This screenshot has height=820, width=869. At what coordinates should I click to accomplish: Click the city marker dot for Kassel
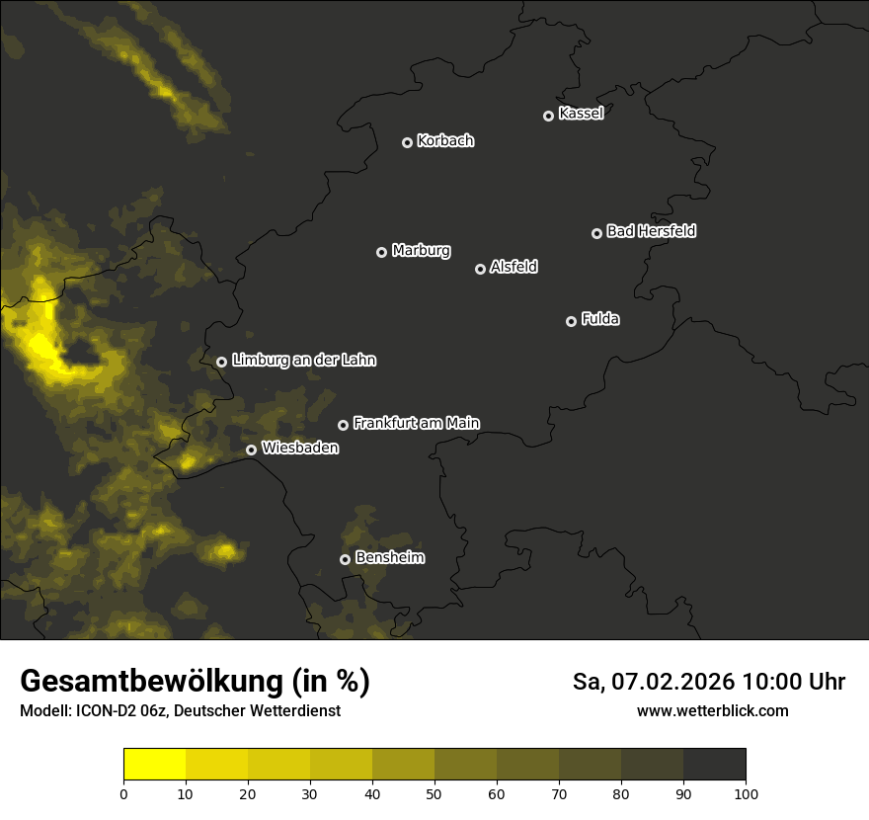[549, 116]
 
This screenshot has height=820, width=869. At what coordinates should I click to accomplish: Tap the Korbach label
[445, 140]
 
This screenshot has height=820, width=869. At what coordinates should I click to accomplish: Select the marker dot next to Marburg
[382, 252]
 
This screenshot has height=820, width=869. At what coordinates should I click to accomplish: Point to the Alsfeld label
[513, 267]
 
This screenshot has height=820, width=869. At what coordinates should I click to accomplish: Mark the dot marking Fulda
[571, 321]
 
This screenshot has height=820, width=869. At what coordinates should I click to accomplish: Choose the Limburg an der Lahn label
[303, 360]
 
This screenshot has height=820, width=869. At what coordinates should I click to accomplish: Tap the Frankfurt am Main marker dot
[344, 425]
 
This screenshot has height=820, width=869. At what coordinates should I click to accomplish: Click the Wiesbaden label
[300, 448]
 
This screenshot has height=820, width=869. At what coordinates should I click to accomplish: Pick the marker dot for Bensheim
[345, 559]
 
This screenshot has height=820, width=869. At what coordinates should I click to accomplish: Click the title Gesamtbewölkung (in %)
[195, 681]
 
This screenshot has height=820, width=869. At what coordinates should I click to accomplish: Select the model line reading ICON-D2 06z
[180, 711]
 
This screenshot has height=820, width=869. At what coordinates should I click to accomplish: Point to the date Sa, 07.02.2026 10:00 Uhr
[709, 682]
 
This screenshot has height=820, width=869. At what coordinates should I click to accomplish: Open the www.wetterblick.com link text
[712, 711]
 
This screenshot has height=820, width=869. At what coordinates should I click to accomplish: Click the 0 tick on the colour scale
[123, 793]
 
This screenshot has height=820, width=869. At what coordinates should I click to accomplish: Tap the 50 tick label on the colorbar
[434, 793]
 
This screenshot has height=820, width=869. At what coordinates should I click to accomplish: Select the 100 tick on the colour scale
[746, 793]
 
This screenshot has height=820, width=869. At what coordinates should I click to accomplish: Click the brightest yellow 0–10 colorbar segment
[154, 764]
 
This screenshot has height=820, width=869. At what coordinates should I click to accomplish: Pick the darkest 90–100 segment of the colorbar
[714, 764]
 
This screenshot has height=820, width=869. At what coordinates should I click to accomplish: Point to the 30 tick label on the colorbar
[310, 793]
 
